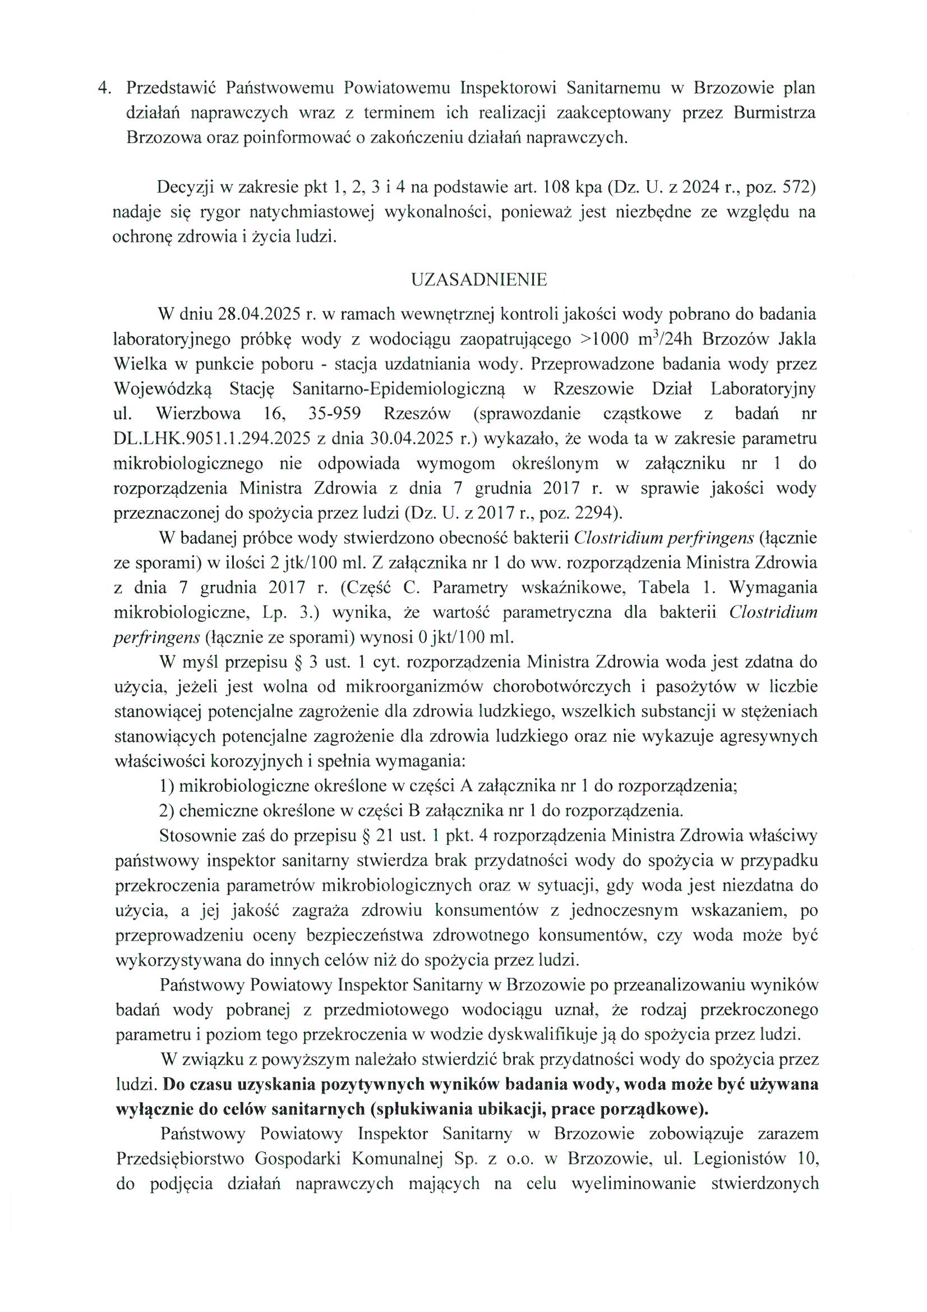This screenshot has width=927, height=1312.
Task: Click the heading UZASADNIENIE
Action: [x=478, y=279]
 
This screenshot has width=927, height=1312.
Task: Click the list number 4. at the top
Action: [x=105, y=88]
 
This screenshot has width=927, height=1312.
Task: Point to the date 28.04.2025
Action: [x=251, y=314]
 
